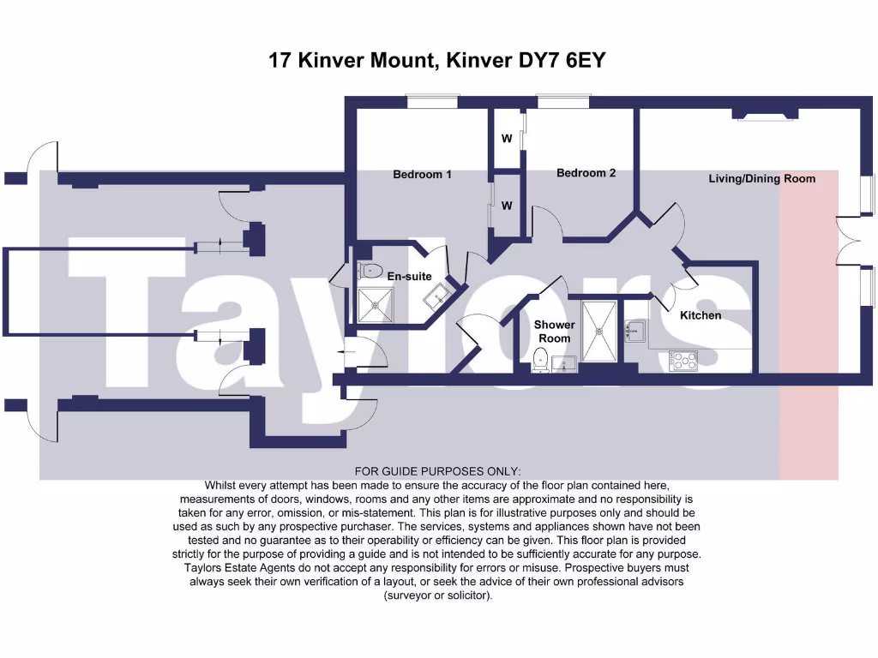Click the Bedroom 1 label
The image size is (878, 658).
tap(422, 175)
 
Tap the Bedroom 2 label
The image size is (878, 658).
tap(586, 173)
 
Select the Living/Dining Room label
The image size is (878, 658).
tap(761, 179)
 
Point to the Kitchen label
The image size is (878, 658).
tap(701, 315)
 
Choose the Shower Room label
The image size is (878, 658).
tap(554, 332)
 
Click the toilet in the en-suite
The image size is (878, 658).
tap(370, 271)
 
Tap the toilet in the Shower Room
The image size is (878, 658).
tap(542, 360)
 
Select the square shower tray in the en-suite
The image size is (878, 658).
tap(375, 304)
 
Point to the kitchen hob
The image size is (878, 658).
tap(683, 360)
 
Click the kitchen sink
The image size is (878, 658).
tap(635, 330)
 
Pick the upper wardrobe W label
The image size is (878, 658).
tap(507, 138)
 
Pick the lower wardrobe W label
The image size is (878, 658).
tap(507, 206)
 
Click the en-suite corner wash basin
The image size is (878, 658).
tap(439, 296)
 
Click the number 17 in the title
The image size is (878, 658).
tap(279, 61)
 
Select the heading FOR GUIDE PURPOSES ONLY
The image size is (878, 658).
tap(437, 471)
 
